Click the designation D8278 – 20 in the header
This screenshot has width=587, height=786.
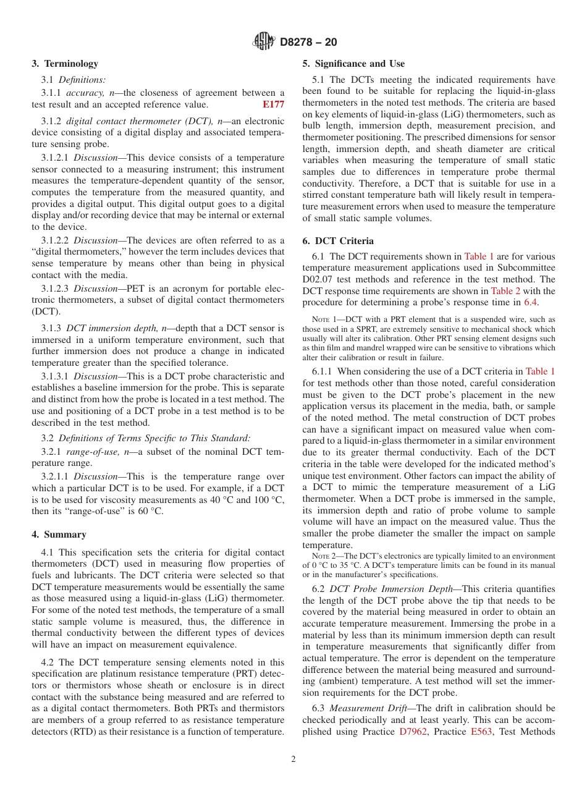tap(308, 43)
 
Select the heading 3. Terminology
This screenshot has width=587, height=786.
tap(65, 64)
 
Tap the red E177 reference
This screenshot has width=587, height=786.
tap(273, 104)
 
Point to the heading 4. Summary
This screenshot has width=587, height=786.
tap(59, 535)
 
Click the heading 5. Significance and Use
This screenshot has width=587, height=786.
tap(353, 64)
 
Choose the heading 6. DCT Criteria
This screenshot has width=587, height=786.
tap(338, 241)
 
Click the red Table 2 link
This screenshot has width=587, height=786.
tap(505, 291)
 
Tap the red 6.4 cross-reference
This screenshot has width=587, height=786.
tap(530, 302)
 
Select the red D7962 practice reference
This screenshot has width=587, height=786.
tap(413, 732)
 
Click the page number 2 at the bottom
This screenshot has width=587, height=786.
tap(293, 759)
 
